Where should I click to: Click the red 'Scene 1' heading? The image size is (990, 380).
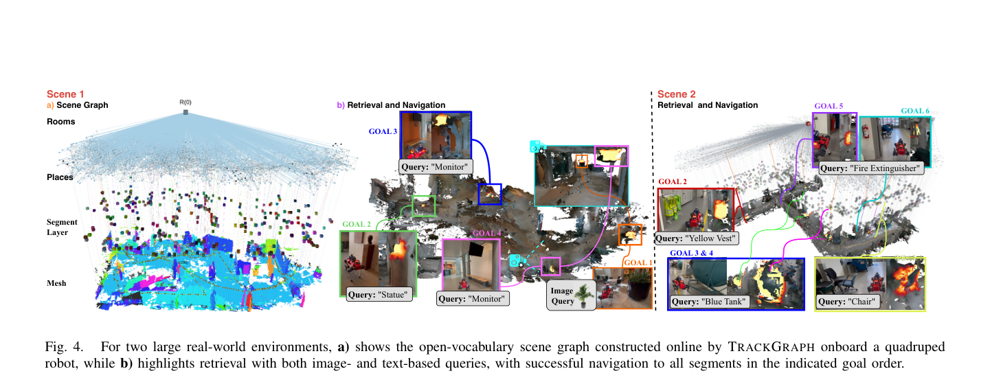[x=65, y=94]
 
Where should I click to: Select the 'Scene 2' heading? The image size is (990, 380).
[x=676, y=94]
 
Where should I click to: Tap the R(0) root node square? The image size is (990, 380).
[x=185, y=112]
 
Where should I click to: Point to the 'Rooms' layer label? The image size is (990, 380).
[x=61, y=122]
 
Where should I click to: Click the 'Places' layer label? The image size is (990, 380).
[x=60, y=177]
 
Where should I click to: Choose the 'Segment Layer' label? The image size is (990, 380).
[x=62, y=227]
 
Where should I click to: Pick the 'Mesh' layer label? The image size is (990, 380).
[x=56, y=283]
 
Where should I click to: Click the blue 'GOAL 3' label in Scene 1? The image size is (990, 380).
[x=383, y=131]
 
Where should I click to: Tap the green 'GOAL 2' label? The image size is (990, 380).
[x=357, y=224]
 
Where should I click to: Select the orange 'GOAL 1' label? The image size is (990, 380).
[x=638, y=262]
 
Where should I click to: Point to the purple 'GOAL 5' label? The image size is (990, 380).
[x=829, y=106]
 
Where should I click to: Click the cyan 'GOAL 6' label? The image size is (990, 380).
[x=915, y=111]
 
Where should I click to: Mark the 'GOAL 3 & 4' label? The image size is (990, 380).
[x=692, y=253]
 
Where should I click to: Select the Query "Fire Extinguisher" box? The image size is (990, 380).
[x=870, y=168]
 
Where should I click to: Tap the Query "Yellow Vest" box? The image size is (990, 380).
[x=696, y=238]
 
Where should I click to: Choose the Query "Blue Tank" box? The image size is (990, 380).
[x=708, y=302]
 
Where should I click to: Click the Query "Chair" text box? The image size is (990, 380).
[x=847, y=302]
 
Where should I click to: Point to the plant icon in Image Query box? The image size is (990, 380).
[x=585, y=295]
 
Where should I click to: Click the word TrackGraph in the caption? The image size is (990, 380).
[x=772, y=347]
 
